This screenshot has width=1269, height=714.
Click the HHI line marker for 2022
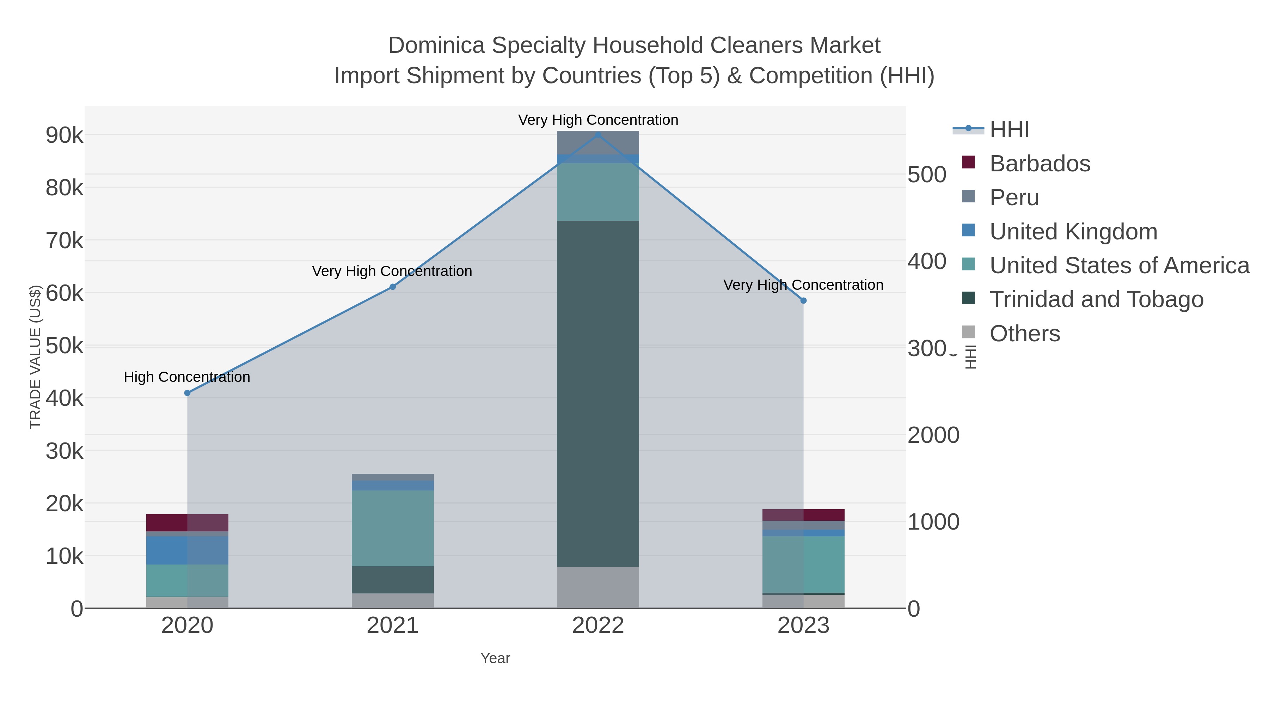click(x=598, y=135)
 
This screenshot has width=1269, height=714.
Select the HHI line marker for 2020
click(x=187, y=393)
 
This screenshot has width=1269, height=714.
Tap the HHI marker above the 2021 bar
click(x=393, y=287)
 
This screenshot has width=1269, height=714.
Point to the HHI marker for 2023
click(x=803, y=300)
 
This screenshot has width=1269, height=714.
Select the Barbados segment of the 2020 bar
click(x=187, y=522)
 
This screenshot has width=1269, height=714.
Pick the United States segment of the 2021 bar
click(x=393, y=528)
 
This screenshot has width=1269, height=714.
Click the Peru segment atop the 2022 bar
click(x=598, y=142)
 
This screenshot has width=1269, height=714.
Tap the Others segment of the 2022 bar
click(x=598, y=587)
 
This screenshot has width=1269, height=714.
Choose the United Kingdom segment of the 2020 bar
click(x=187, y=550)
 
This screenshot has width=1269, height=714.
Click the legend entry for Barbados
click(x=1040, y=164)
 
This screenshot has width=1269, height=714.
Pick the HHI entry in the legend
click(x=1009, y=130)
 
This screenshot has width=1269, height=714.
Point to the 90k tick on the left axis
click(x=65, y=135)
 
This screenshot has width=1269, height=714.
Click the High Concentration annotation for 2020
click(x=187, y=377)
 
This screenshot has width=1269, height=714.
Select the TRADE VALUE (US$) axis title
click(x=36, y=356)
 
